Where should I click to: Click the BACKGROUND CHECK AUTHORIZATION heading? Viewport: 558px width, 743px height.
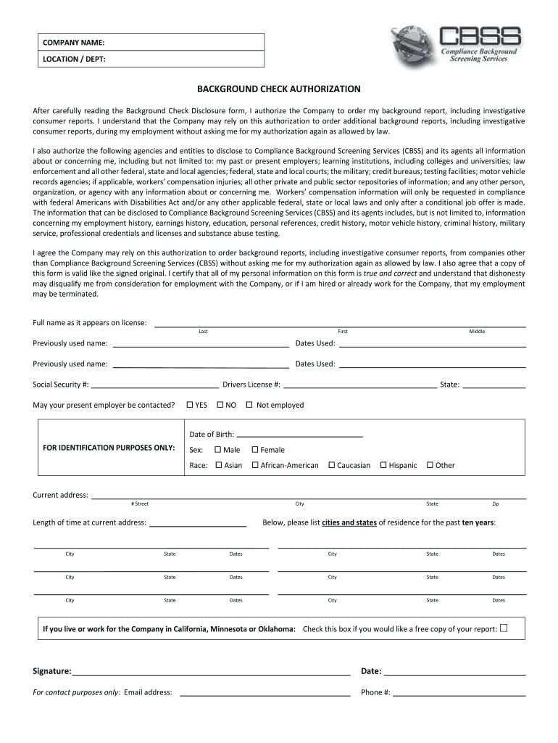(x=279, y=89)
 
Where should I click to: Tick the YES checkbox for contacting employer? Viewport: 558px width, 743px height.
(x=190, y=405)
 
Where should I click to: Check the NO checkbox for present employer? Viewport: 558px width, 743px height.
(x=220, y=405)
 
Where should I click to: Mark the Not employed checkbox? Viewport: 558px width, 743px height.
(x=249, y=405)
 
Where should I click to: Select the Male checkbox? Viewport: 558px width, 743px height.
(x=217, y=450)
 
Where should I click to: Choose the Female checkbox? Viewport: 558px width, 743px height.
(x=255, y=450)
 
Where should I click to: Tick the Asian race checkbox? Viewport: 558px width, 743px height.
(x=218, y=465)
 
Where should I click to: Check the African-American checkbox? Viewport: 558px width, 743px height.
(x=255, y=465)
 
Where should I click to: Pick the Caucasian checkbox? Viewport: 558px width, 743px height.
(x=331, y=465)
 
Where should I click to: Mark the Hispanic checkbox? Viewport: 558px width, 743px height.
(x=383, y=465)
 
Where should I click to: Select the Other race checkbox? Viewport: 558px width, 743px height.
(x=430, y=465)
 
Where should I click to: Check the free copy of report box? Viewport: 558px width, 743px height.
(x=504, y=628)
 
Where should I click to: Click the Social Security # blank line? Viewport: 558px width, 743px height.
(x=155, y=385)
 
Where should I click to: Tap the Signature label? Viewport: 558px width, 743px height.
(x=52, y=671)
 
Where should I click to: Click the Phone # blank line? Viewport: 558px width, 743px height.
(x=459, y=692)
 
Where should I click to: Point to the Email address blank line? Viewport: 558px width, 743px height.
(x=265, y=692)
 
